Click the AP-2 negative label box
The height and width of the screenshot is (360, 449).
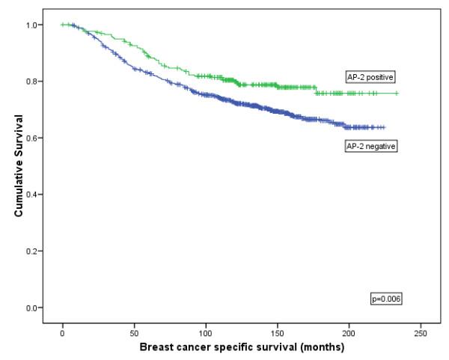(370, 146)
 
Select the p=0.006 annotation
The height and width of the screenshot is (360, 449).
(387, 299)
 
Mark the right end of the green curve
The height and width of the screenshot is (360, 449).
(397, 94)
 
